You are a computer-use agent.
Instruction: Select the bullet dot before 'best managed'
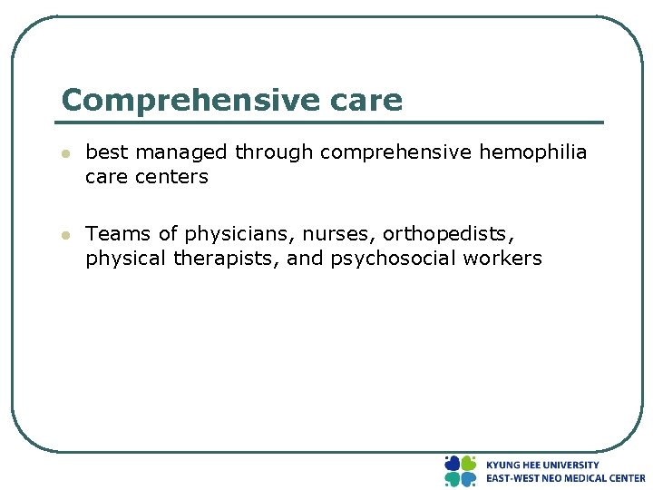pyautogui.click(x=64, y=154)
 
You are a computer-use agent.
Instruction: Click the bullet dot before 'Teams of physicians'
pyautogui.click(x=64, y=236)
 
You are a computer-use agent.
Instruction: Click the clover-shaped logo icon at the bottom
pyautogui.click(x=460, y=471)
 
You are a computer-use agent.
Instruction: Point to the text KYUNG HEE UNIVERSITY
pyautogui.click(x=542, y=465)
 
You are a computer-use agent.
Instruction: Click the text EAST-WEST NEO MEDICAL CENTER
pyautogui.click(x=565, y=478)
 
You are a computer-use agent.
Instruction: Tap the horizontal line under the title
pyautogui.click(x=331, y=122)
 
